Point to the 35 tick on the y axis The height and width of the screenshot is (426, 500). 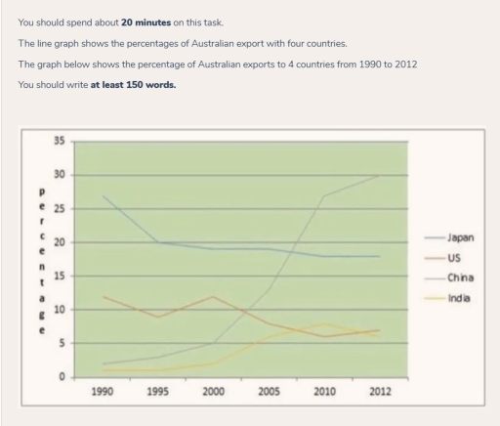tap(62, 142)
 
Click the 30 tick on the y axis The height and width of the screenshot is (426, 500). tap(62, 175)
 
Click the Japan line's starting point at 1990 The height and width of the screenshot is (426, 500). tap(103, 195)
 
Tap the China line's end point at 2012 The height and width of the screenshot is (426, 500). tap(380, 175)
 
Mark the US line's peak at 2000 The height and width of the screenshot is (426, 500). tap(213, 296)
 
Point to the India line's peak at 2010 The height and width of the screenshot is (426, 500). tap(324, 323)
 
